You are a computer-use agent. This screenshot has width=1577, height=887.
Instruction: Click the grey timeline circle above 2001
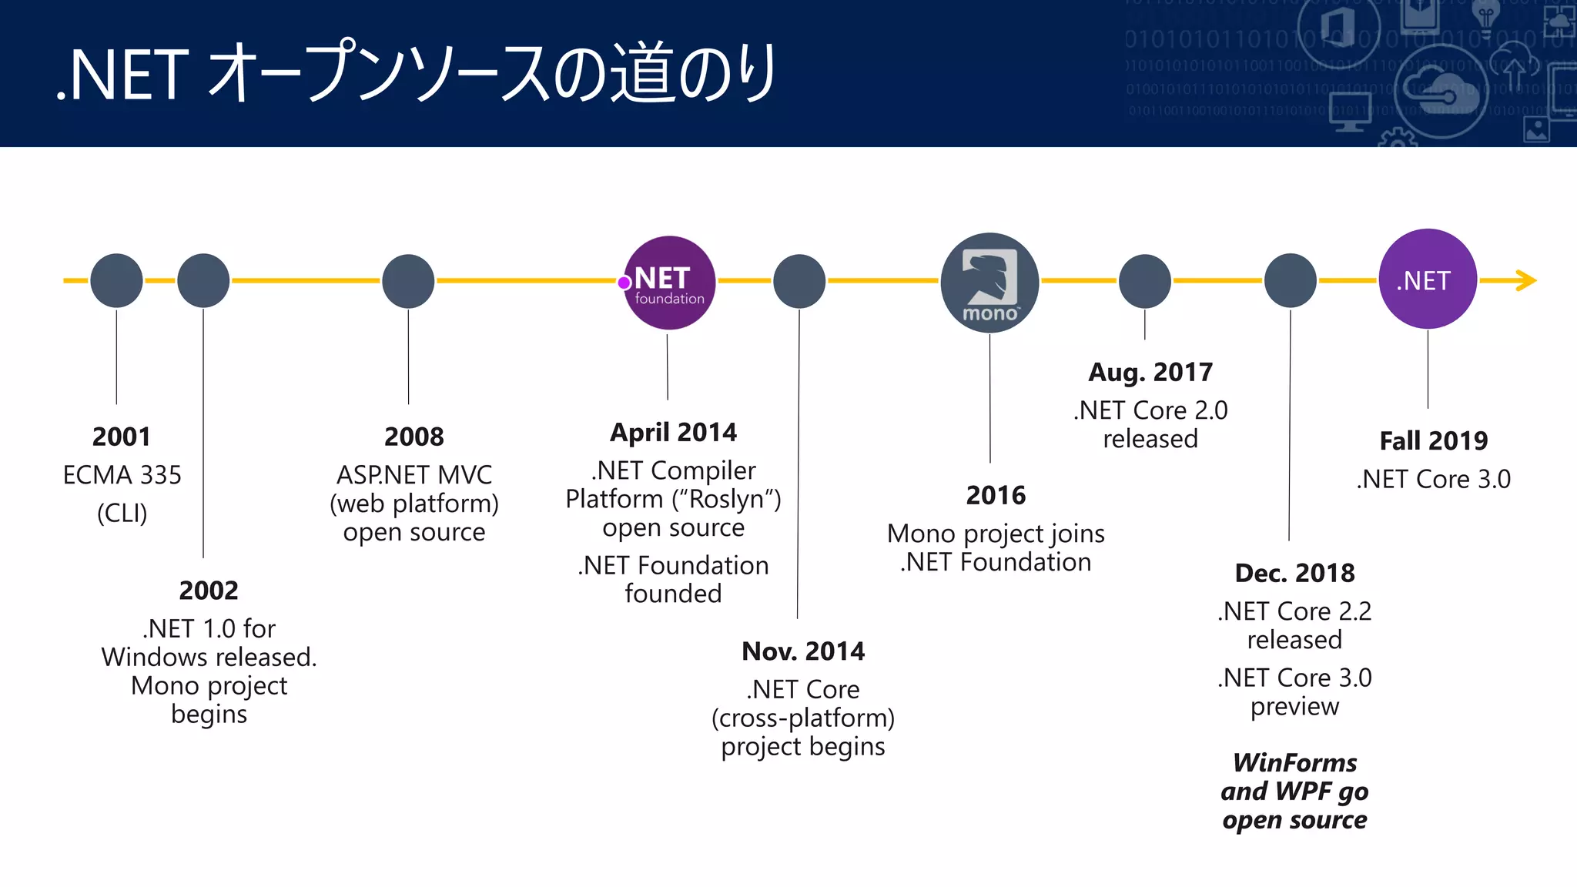pyautogui.click(x=116, y=280)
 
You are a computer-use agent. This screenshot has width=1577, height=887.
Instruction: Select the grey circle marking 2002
pyautogui.click(x=203, y=280)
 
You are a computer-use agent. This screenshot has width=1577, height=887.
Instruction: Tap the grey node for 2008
pyautogui.click(x=408, y=281)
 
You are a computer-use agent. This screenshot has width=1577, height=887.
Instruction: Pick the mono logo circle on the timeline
pyautogui.click(x=989, y=283)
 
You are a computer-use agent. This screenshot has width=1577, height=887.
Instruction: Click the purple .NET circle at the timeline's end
pyautogui.click(x=1427, y=279)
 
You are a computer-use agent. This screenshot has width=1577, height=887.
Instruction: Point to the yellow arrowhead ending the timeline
pyautogui.click(x=1526, y=280)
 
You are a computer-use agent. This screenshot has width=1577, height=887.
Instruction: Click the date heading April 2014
pyautogui.click(x=673, y=432)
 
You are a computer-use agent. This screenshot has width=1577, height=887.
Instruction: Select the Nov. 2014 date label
pyautogui.click(x=802, y=651)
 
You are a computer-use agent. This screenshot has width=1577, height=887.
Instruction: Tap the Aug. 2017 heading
pyautogui.click(x=1150, y=373)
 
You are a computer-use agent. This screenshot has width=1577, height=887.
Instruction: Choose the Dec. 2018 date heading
pyautogui.click(x=1294, y=573)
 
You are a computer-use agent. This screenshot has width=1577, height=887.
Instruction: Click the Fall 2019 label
pyautogui.click(x=1433, y=441)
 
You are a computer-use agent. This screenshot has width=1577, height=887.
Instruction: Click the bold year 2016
pyautogui.click(x=996, y=495)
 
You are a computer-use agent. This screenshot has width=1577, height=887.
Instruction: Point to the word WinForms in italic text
pyautogui.click(x=1294, y=762)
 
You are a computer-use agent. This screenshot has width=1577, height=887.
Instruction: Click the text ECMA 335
pyautogui.click(x=122, y=475)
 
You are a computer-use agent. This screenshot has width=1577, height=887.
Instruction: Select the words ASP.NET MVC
pyautogui.click(x=414, y=475)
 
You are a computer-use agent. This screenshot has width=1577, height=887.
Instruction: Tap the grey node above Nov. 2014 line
pyautogui.click(x=799, y=281)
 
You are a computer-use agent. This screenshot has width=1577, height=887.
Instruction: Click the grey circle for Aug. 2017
pyautogui.click(x=1144, y=281)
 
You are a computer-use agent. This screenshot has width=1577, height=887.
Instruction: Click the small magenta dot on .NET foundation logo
pyautogui.click(x=624, y=283)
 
